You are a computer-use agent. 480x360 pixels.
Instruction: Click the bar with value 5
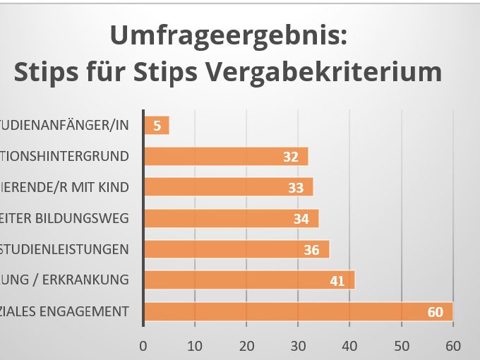pos(156,125)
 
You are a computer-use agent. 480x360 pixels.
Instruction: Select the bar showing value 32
pos(225,156)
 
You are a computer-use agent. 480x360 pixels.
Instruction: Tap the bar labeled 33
pos(228,187)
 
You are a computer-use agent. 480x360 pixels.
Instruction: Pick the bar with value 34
pos(231,218)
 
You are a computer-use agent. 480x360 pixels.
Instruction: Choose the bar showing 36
pos(236,249)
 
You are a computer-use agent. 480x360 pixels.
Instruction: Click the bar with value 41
pos(248,280)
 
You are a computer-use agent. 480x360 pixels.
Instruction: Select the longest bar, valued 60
pos(297,311)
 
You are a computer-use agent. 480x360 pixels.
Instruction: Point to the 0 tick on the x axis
pos(143,345)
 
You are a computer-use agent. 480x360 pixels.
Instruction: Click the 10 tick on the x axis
pos(195,345)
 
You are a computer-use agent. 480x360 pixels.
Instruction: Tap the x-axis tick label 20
pos(246,345)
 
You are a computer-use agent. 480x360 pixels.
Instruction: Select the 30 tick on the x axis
pos(298,345)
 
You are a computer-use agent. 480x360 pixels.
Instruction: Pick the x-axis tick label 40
pos(349,345)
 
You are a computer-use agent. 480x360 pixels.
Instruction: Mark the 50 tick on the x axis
pos(401,345)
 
